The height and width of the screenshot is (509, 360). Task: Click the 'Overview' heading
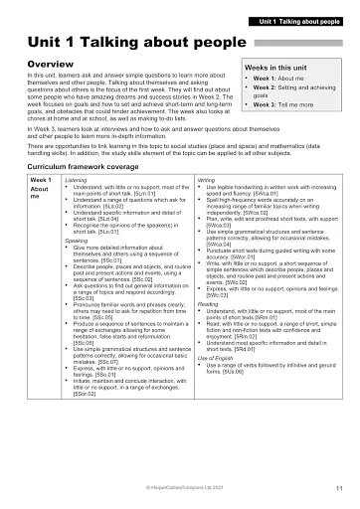pos(49,64)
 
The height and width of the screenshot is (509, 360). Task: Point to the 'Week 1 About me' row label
pos(42,185)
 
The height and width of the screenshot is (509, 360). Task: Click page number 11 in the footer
pos(339,489)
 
